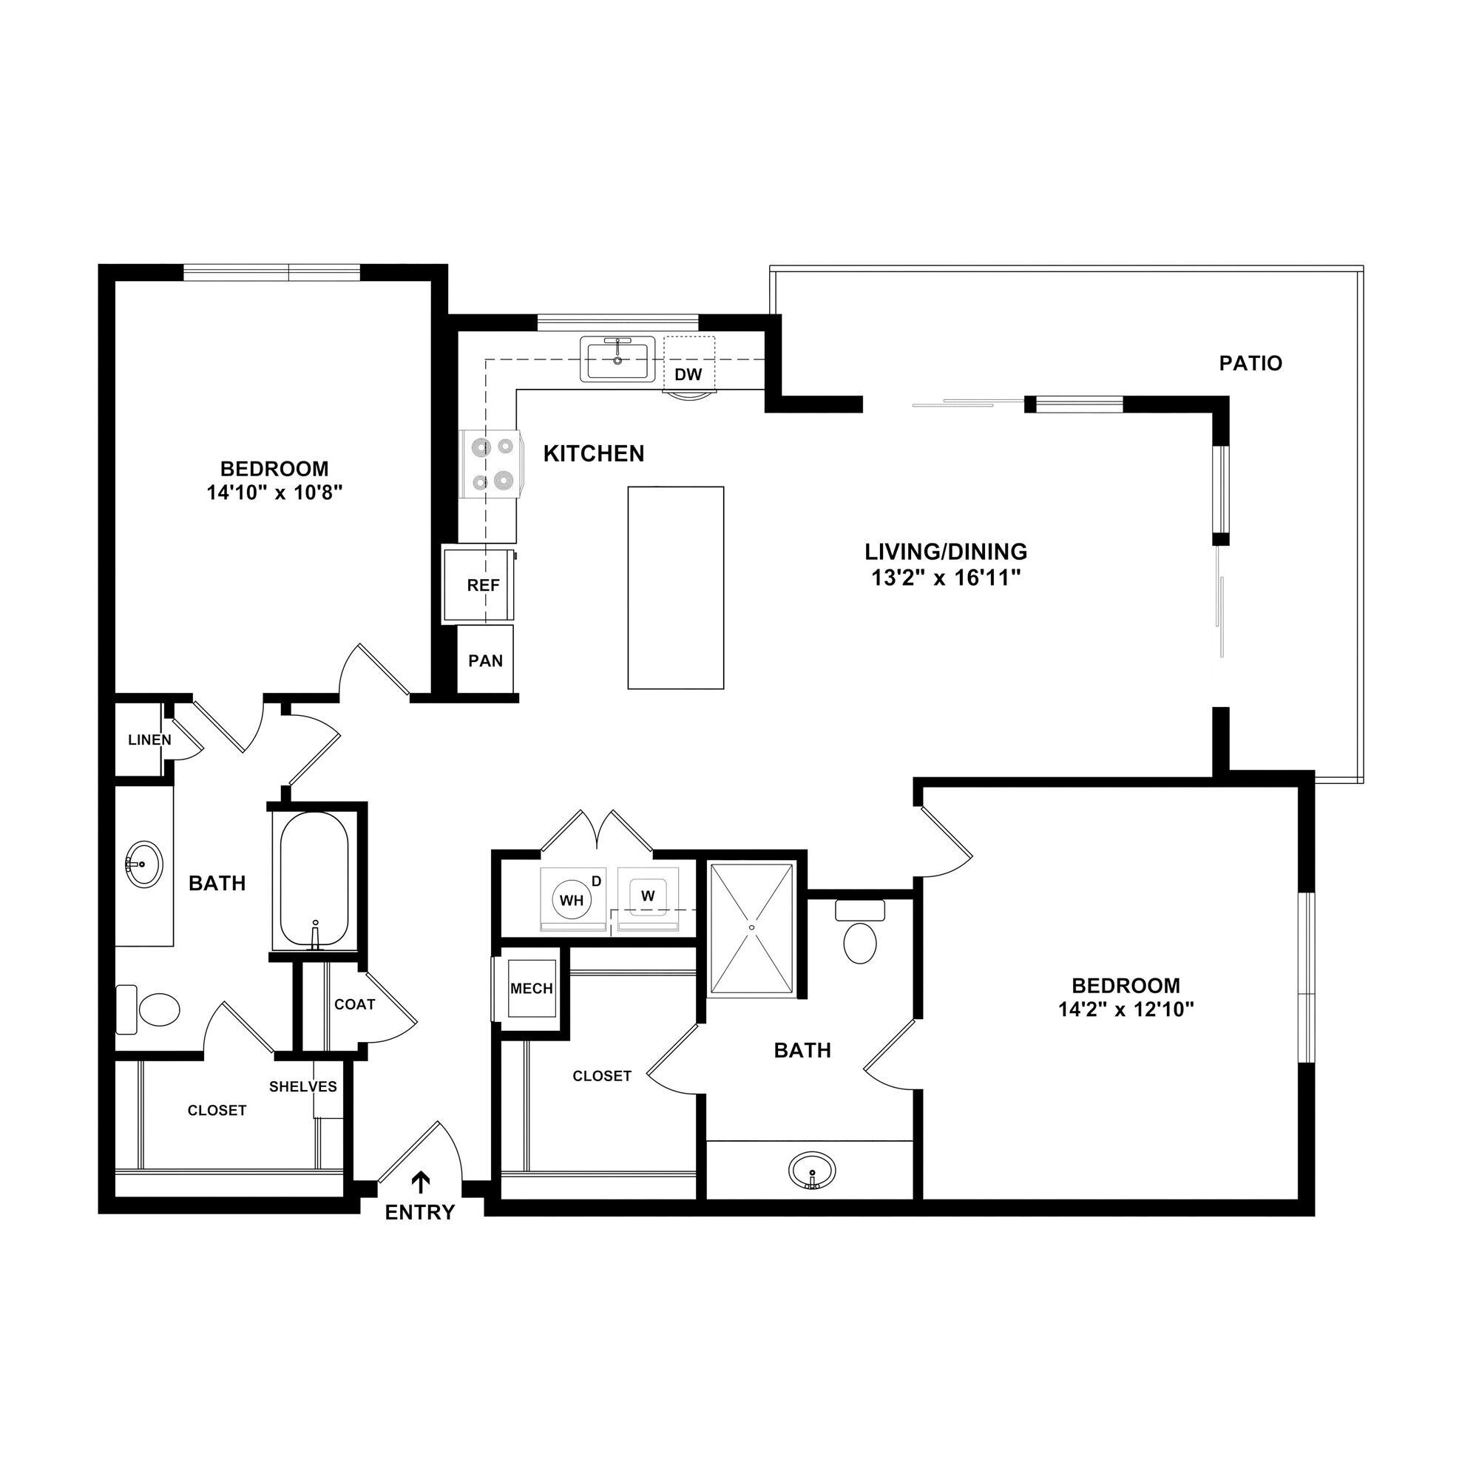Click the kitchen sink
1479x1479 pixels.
[617, 360]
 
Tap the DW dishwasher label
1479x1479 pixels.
[688, 374]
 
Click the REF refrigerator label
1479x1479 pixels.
[483, 586]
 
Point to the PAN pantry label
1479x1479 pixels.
[485, 660]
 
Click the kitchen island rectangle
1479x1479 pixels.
[675, 587]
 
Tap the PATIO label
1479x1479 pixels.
[1250, 363]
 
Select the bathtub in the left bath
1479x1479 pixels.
[314, 879]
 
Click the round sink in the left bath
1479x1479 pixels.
[143, 864]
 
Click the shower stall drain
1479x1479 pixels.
[752, 928]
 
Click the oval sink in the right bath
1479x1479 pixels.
[812, 1170]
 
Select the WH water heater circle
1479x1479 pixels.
[571, 900]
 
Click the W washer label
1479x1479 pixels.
[648, 895]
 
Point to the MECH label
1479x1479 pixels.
[531, 988]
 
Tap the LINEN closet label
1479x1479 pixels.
[149, 740]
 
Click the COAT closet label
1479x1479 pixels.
[354, 1004]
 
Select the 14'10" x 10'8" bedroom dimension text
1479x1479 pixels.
[274, 493]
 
